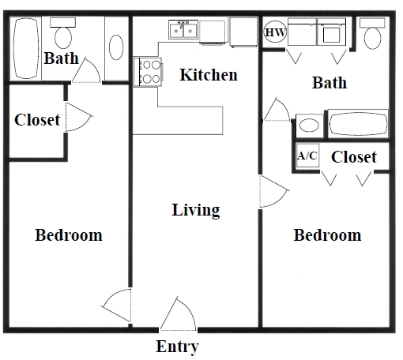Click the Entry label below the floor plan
(x=177, y=346)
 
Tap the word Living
(x=196, y=210)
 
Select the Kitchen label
(x=209, y=75)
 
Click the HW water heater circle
(x=274, y=32)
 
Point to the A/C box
(x=307, y=156)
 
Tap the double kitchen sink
(x=183, y=31)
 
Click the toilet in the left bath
(x=62, y=33)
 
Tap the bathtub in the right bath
(x=357, y=126)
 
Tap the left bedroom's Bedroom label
(x=69, y=235)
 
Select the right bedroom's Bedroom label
(x=327, y=235)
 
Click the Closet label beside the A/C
(x=353, y=157)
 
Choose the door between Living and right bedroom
(x=273, y=191)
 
